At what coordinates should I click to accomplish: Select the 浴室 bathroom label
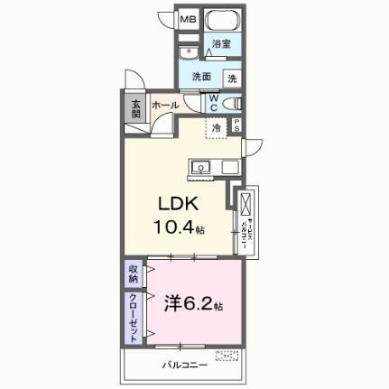(221, 43)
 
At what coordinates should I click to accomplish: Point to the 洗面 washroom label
(200, 78)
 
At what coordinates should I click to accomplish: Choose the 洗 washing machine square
(232, 79)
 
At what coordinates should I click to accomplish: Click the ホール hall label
(165, 106)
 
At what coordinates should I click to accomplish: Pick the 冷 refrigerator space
(217, 128)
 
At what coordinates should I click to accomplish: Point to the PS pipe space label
(237, 127)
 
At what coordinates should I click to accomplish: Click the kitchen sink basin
(200, 166)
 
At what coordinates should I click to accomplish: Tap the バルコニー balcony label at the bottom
(185, 365)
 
